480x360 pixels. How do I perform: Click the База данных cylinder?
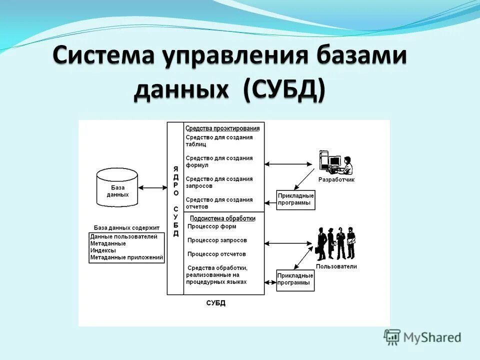click(x=117, y=188)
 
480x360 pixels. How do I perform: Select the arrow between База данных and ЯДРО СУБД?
click(x=152, y=188)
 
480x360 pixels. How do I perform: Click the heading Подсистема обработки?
click(x=223, y=218)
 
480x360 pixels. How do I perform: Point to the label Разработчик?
click(x=336, y=179)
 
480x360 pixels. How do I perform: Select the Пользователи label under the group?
click(x=336, y=266)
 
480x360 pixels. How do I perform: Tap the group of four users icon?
click(x=336, y=242)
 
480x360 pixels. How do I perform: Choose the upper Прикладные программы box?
click(x=295, y=199)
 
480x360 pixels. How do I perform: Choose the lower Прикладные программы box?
click(x=295, y=279)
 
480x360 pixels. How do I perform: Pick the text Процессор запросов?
click(x=217, y=240)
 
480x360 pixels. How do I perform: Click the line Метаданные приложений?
click(x=127, y=258)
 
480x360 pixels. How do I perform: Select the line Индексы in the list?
click(x=103, y=250)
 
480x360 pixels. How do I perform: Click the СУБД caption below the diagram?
click(x=216, y=303)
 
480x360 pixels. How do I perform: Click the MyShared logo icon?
click(x=392, y=337)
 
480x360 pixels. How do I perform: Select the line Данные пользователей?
click(x=124, y=236)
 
